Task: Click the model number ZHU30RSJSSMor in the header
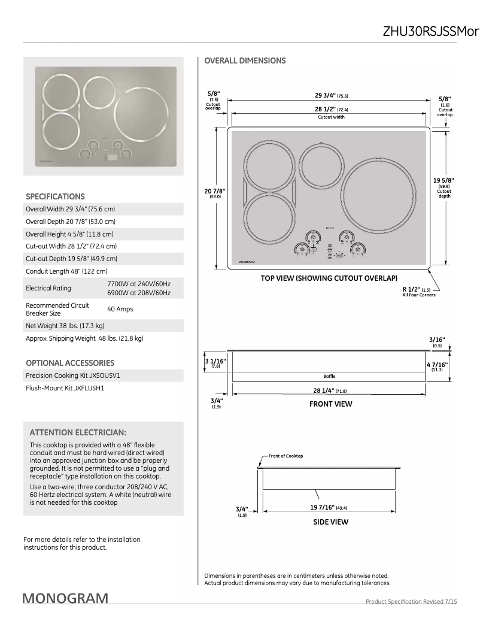(431, 31)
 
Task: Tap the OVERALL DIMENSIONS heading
(245, 60)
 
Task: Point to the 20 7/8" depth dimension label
(215, 192)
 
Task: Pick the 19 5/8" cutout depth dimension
(444, 181)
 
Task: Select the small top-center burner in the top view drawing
(322, 162)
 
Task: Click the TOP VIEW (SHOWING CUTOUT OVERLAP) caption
(329, 278)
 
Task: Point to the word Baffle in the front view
(329, 376)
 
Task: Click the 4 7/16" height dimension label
(437, 365)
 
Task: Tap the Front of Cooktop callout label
(285, 456)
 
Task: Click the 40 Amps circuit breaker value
(120, 309)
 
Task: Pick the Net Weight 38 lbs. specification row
(65, 326)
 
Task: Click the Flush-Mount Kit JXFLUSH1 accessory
(65, 387)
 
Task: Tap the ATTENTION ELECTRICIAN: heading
(78, 432)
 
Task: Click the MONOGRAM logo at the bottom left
(66, 598)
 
